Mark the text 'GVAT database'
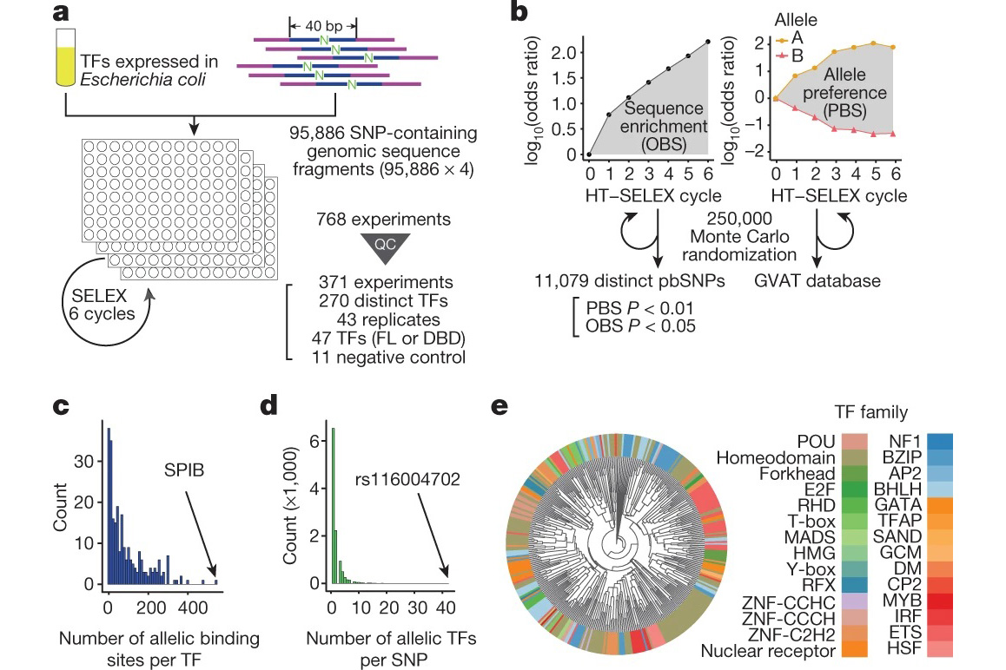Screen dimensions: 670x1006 tap(831, 281)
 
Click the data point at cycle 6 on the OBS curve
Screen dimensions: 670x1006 tap(709, 41)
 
